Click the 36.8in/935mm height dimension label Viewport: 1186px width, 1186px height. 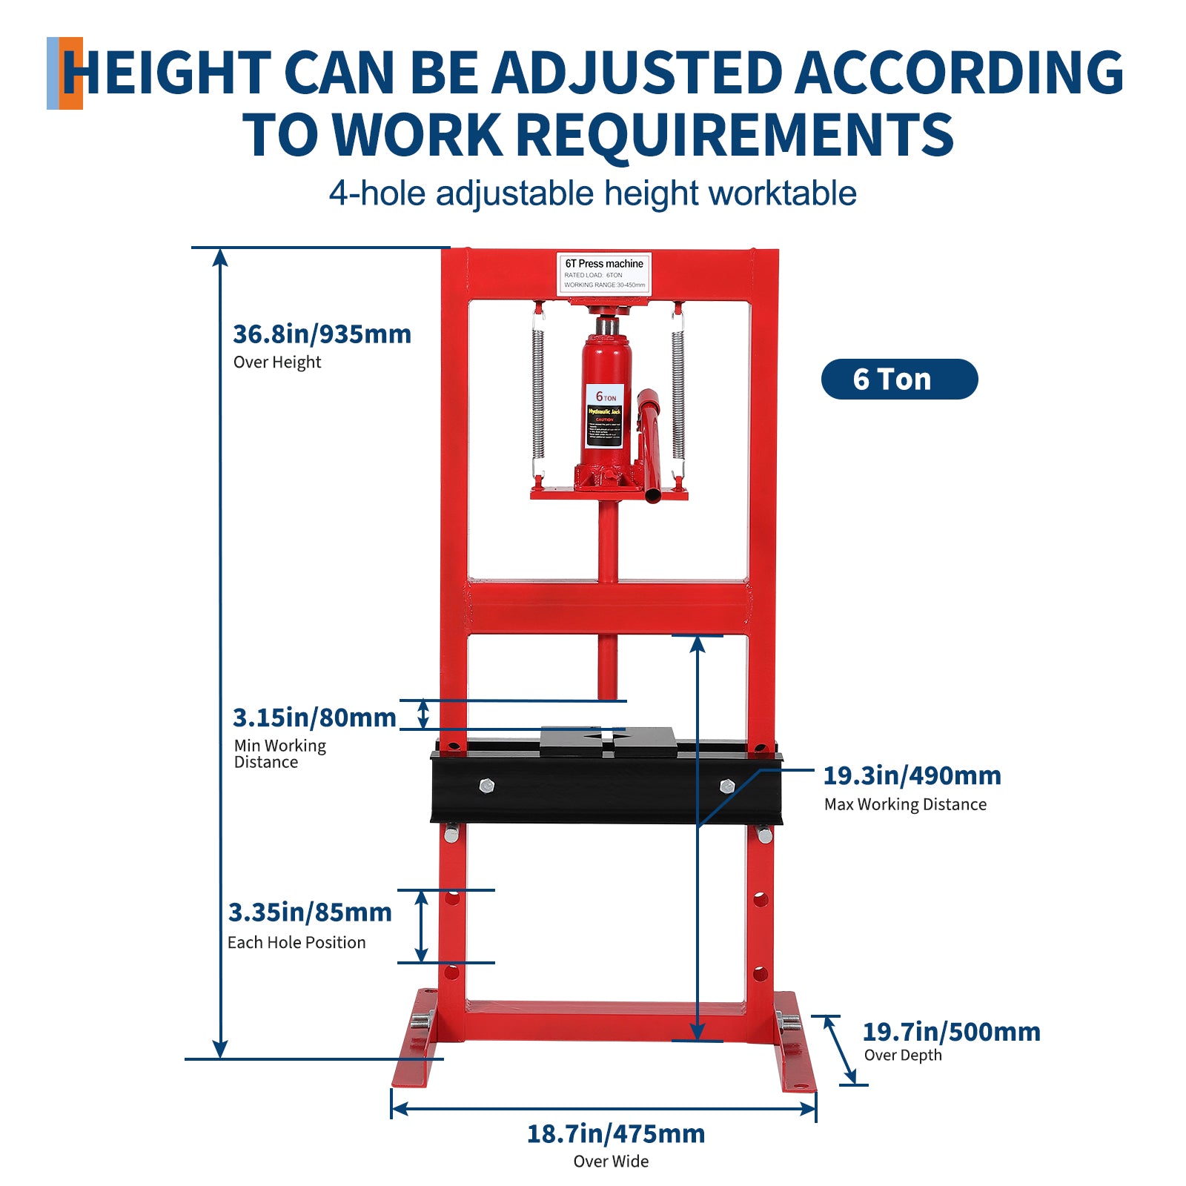pos(322,334)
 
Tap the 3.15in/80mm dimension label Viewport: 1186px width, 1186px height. pos(314,718)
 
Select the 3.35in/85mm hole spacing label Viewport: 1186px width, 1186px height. pos(310,912)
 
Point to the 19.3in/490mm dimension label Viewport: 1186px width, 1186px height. pos(912,776)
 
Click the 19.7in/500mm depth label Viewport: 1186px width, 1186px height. pos(951,1032)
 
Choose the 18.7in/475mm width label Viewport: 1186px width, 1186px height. pos(615,1134)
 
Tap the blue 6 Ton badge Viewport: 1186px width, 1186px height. pos(899,380)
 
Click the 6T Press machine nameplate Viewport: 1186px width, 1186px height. pos(604,274)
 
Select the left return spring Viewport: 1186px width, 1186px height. pos(538,393)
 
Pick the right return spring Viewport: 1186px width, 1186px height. pos(678,393)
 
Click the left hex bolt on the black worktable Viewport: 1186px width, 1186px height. pos(486,786)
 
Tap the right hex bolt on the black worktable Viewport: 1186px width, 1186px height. pos(726,786)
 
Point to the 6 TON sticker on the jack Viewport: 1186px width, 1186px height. pos(605,415)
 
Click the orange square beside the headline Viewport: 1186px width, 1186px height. pos(71,73)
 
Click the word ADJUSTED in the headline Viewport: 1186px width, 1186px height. pos(637,73)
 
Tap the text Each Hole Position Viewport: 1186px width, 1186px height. pos(296,943)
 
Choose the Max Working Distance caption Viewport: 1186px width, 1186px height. pos(905,805)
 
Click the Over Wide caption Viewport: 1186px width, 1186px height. pos(611,1162)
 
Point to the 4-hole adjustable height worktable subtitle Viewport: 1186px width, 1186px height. pos(592,193)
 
